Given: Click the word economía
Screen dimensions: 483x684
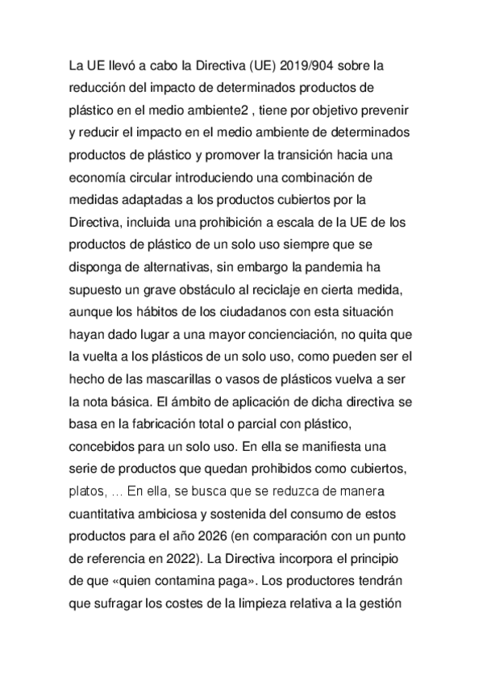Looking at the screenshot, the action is [x=101, y=176].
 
